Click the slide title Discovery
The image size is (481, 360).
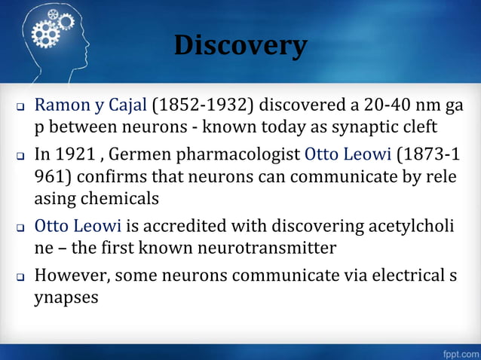pyautogui.click(x=240, y=46)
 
